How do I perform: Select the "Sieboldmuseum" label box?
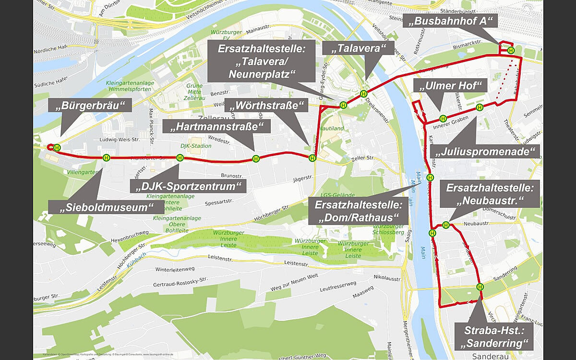click(105, 207)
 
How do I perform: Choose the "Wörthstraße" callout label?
click(267, 105)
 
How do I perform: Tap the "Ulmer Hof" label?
click(450, 86)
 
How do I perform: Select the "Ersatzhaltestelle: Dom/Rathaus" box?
click(360, 211)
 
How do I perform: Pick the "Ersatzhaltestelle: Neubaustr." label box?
click(490, 193)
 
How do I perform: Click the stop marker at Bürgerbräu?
click(57, 148)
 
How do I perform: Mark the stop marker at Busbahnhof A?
click(511, 50)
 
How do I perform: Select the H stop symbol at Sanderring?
click(480, 287)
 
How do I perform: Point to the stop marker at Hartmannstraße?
click(256, 159)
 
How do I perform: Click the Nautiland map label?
click(334, 129)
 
